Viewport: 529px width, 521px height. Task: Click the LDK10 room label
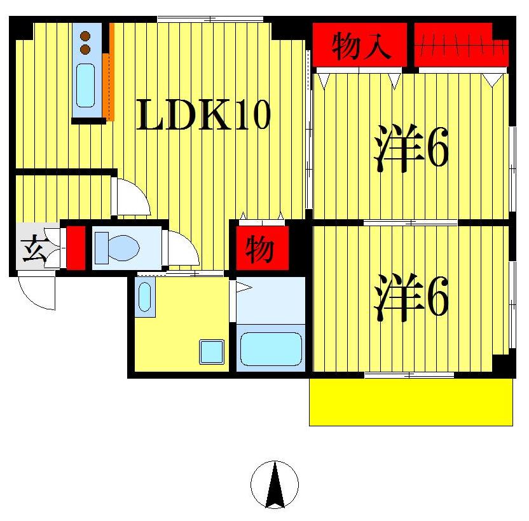[x=203, y=116]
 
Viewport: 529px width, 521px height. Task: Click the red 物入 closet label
[x=360, y=46]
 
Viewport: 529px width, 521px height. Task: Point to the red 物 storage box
[x=259, y=248]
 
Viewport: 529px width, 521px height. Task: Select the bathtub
[x=271, y=348]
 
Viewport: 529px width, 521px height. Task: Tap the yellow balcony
[x=411, y=402]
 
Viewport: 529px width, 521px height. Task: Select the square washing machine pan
[x=212, y=351]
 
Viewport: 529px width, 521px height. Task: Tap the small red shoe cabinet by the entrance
[x=76, y=247]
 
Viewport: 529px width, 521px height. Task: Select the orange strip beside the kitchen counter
[x=109, y=73]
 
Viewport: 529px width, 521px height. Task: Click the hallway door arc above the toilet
[x=132, y=197]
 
